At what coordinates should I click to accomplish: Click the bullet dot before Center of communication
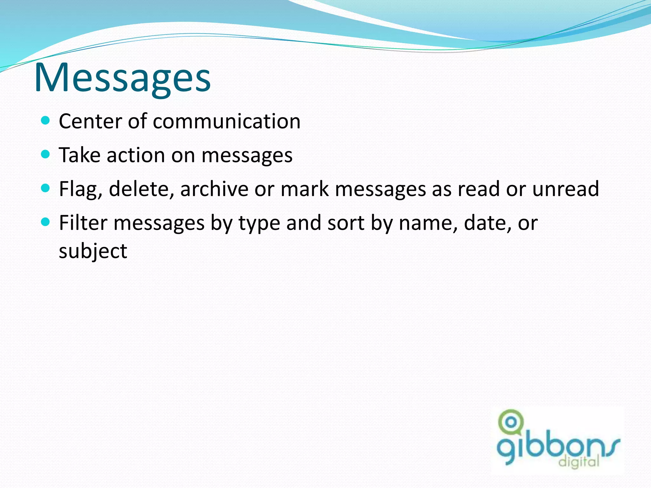pyautogui.click(x=46, y=120)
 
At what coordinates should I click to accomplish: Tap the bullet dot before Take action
pyautogui.click(x=46, y=154)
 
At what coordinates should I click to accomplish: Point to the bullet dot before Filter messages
pyautogui.click(x=46, y=222)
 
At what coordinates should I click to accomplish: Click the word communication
pyautogui.click(x=227, y=121)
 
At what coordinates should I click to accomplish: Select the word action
pyautogui.click(x=136, y=155)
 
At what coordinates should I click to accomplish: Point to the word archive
pyautogui.click(x=214, y=189)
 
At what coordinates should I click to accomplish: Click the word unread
pyautogui.click(x=565, y=189)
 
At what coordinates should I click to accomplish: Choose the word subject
pyautogui.click(x=93, y=251)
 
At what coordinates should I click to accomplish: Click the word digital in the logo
pyautogui.click(x=579, y=462)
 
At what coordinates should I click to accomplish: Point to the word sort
pyautogui.click(x=346, y=223)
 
